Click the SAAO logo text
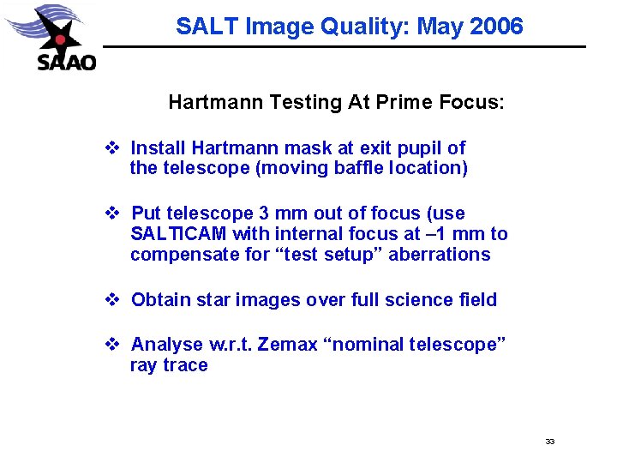tap(67, 62)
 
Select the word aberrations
tap(440, 255)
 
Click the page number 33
tap(550, 442)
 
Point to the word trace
tap(187, 365)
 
